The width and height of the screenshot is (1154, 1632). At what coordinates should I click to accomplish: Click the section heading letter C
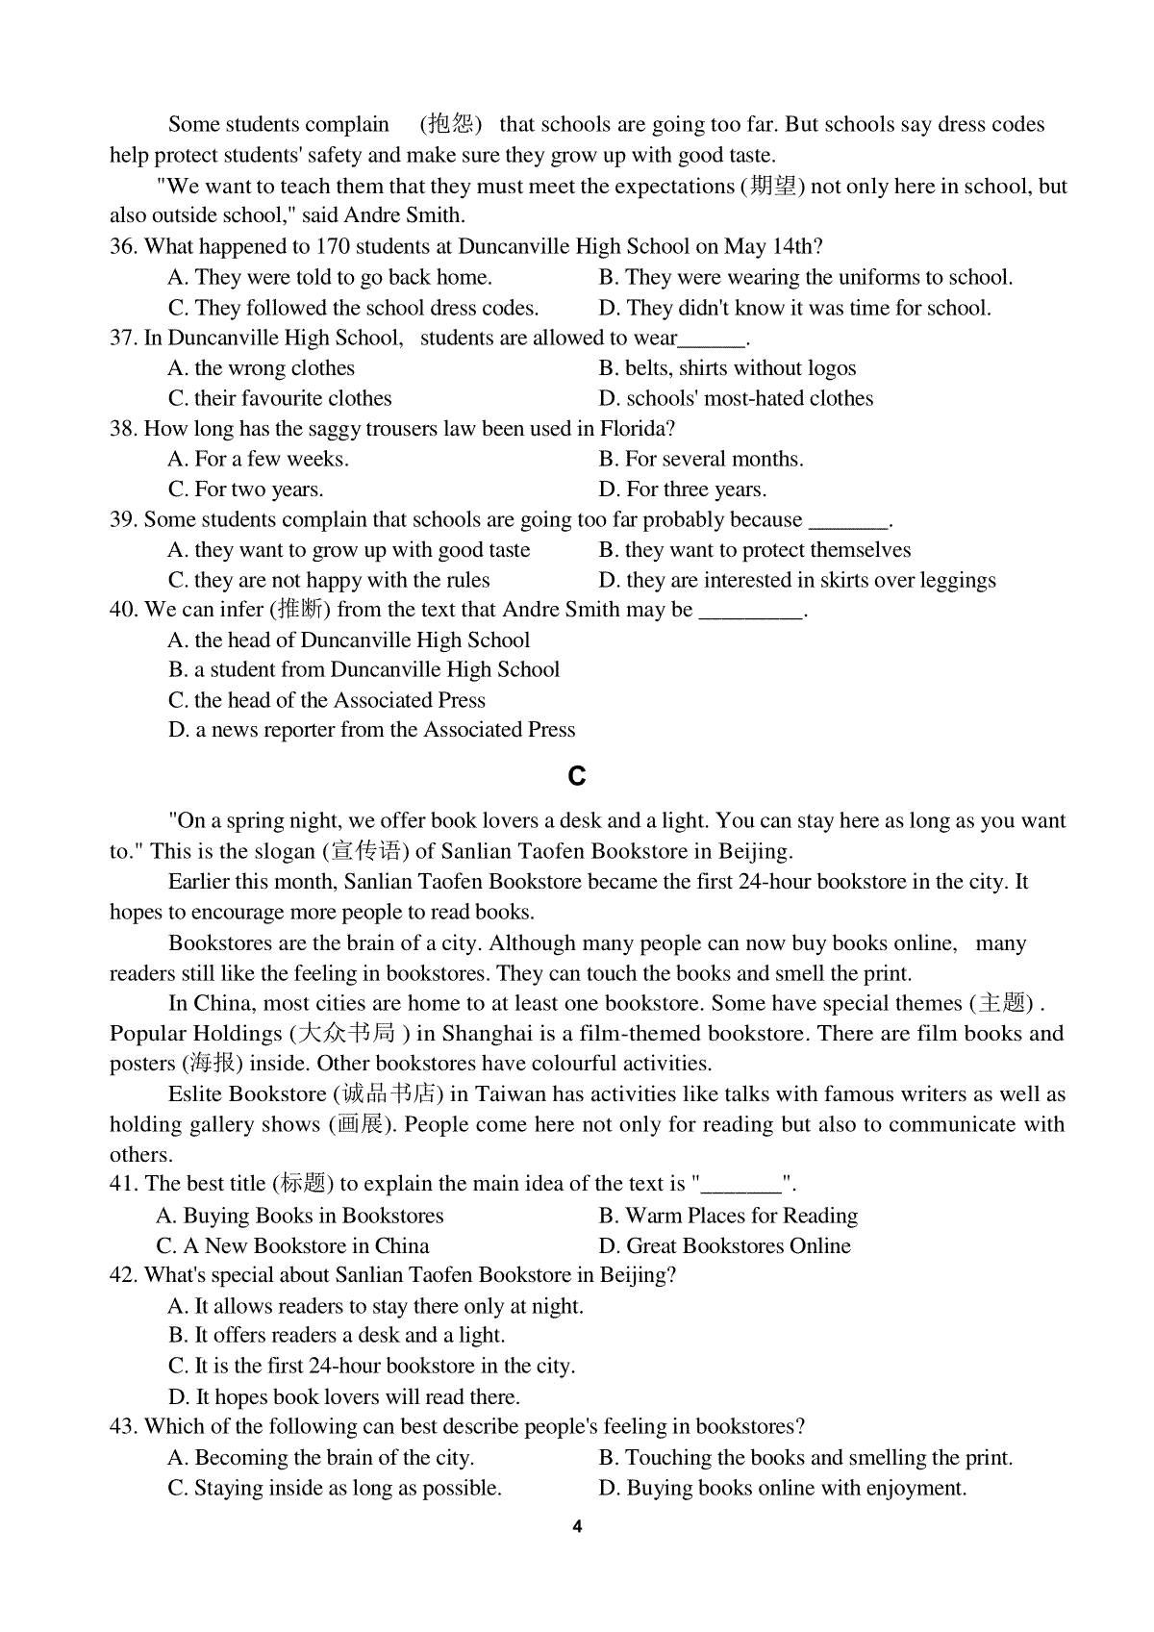pyautogui.click(x=577, y=776)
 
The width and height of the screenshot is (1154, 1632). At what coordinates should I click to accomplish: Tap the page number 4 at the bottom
pyautogui.click(x=576, y=1526)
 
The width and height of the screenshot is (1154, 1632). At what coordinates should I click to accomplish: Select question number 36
pyautogui.click(x=123, y=247)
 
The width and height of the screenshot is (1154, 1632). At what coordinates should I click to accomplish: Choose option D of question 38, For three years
pyautogui.click(x=683, y=490)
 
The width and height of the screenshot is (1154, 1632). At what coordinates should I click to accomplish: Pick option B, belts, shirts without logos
pyautogui.click(x=727, y=368)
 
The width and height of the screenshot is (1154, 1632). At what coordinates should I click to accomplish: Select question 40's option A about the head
pyautogui.click(x=349, y=640)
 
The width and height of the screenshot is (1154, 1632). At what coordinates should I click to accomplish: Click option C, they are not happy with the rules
pyautogui.click(x=329, y=581)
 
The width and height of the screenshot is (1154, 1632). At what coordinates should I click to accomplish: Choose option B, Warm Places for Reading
pyautogui.click(x=728, y=1217)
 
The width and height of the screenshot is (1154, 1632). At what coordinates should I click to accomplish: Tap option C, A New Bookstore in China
pyautogui.click(x=293, y=1246)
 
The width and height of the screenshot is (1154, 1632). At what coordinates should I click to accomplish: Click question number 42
pyautogui.click(x=123, y=1276)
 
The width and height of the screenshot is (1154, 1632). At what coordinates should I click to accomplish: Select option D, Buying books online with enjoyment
pyautogui.click(x=783, y=1489)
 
